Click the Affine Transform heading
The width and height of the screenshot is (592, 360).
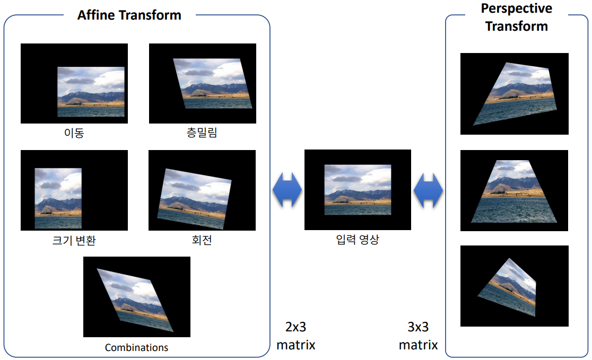(x=129, y=15)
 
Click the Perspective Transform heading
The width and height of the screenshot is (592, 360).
(x=516, y=17)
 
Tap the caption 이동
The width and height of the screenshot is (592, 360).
(x=74, y=133)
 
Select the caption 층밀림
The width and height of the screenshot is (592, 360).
(x=202, y=133)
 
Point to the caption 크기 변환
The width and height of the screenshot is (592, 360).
(x=74, y=240)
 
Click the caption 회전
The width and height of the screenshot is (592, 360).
(x=202, y=240)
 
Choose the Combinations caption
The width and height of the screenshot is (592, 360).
(x=137, y=348)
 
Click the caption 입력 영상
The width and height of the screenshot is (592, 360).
(x=358, y=239)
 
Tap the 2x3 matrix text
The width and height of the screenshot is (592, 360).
(x=295, y=336)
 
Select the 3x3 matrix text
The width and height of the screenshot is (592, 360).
(x=418, y=336)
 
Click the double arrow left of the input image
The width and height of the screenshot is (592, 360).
(x=288, y=190)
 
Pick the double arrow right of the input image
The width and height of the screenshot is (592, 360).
(x=428, y=190)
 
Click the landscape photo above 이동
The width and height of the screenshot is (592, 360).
(x=91, y=92)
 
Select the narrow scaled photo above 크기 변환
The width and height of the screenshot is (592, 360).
(x=58, y=198)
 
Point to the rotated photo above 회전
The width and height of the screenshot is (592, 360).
(x=194, y=199)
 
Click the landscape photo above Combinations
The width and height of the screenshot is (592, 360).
(x=135, y=300)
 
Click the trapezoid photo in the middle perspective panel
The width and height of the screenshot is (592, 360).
(x=514, y=191)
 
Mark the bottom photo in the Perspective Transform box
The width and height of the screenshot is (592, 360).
(x=507, y=287)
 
